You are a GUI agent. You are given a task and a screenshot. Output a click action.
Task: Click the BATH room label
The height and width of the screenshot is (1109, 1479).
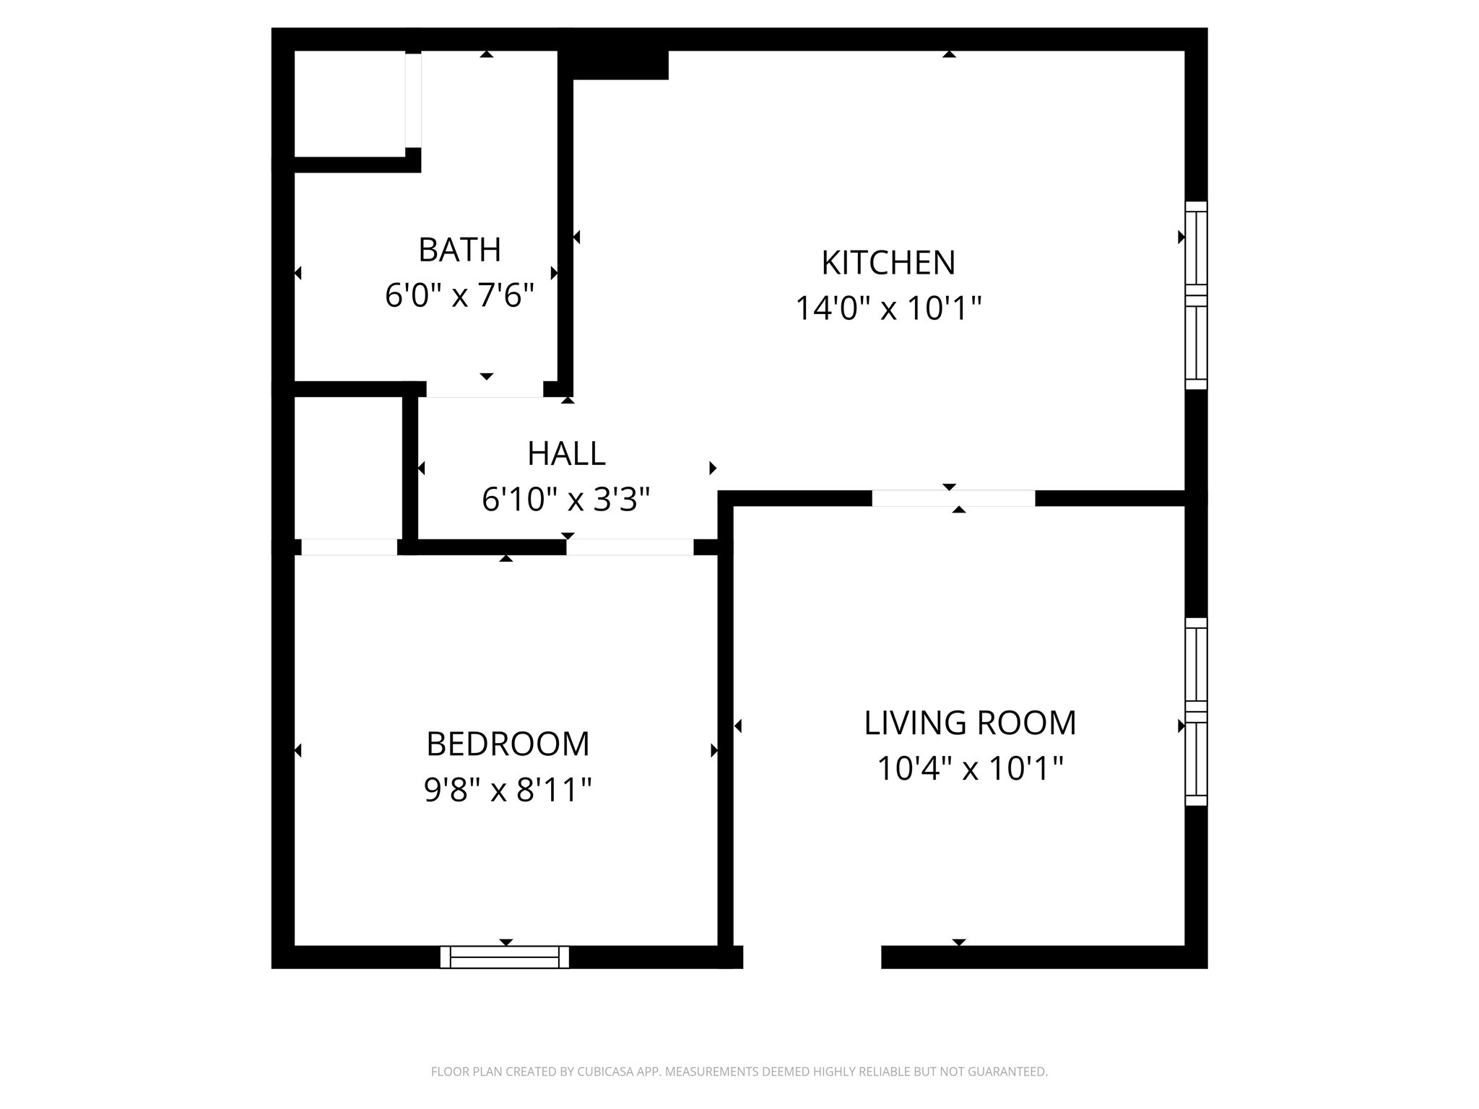[459, 250]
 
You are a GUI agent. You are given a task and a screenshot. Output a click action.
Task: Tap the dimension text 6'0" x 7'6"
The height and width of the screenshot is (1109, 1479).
[459, 295]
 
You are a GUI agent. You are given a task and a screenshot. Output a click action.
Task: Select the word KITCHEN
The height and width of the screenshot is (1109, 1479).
[888, 263]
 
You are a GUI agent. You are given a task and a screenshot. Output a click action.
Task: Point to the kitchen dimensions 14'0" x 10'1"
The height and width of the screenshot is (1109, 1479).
[888, 308]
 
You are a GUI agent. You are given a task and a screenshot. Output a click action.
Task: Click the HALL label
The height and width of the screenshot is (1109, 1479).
[566, 453]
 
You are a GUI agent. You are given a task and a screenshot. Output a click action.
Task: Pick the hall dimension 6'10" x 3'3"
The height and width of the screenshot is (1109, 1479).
[566, 499]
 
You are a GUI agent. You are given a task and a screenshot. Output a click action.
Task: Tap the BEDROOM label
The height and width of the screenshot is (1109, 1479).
[508, 744]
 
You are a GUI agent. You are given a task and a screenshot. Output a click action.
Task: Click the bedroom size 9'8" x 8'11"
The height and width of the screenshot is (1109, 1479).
[508, 790]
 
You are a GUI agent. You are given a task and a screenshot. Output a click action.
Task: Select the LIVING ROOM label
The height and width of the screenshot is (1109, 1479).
[969, 723]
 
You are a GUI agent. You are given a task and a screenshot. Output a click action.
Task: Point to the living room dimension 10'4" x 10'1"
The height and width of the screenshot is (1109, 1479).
[969, 768]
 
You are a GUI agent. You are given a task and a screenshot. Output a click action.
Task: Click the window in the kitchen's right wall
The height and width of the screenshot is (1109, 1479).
[1196, 295]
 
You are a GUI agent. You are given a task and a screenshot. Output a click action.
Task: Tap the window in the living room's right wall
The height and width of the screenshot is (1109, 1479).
[1196, 711]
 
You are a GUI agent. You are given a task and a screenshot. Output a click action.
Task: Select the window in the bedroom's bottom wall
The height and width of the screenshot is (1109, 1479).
[505, 957]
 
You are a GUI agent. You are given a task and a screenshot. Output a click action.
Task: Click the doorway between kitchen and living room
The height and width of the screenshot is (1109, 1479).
[953, 498]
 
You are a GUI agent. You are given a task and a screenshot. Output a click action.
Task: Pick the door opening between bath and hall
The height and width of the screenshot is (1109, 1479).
[485, 390]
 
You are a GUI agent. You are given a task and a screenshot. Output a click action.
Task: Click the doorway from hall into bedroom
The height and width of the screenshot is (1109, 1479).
[630, 547]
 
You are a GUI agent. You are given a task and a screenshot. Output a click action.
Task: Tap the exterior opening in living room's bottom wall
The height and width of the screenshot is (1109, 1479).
[812, 957]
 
